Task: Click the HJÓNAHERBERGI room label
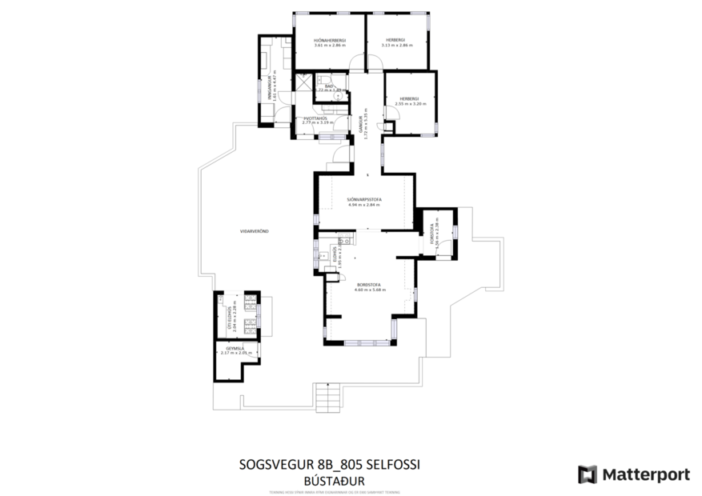coord(329,40)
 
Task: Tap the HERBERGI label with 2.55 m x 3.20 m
coord(411,98)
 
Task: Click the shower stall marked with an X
coord(302,80)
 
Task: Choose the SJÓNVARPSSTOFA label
coord(363,198)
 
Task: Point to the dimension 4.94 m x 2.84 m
coord(363,205)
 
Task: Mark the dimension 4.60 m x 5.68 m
coord(370,290)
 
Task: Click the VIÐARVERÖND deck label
coord(254,231)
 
